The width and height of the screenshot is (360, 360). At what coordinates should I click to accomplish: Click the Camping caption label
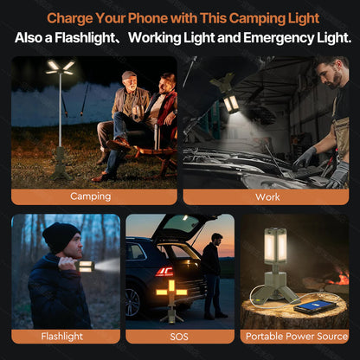90,196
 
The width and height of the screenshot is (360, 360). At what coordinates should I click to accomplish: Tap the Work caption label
267,196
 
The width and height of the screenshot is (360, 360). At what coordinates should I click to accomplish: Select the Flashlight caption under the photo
61,336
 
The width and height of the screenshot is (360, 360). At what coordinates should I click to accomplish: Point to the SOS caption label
179,336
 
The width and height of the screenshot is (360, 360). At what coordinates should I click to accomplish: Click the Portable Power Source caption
296,336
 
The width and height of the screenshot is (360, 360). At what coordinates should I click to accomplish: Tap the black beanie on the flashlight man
61,235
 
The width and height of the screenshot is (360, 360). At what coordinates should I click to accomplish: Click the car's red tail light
164,272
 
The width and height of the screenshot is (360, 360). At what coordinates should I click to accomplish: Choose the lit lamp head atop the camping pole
61,67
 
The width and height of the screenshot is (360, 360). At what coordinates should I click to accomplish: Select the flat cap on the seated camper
129,75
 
